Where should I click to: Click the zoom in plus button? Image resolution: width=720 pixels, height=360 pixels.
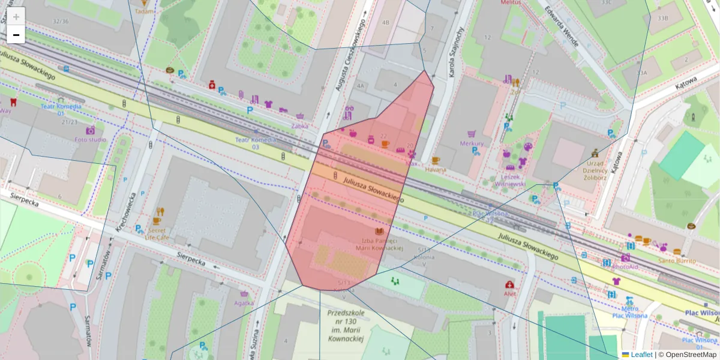pyautogui.click(x=16, y=17)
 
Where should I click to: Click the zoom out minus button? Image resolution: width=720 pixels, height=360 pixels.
pyautogui.click(x=16, y=35)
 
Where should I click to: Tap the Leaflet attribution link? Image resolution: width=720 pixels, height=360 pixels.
pyautogui.click(x=641, y=355)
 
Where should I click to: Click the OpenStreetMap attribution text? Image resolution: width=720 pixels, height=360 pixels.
pyautogui.click(x=690, y=355)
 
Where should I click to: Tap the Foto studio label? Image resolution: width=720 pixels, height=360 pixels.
pyautogui.click(x=91, y=140)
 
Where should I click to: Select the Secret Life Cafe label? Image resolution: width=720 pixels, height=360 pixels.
pyautogui.click(x=156, y=233)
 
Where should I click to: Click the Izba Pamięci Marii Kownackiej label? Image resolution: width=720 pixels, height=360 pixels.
pyautogui.click(x=379, y=244)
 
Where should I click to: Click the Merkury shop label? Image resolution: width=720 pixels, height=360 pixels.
pyautogui.click(x=472, y=143)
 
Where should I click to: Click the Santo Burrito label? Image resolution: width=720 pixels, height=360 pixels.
pyautogui.click(x=677, y=261)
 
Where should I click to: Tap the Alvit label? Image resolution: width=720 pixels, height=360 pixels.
pyautogui.click(x=510, y=294)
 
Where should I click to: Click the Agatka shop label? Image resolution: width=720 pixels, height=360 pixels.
pyautogui.click(x=244, y=303)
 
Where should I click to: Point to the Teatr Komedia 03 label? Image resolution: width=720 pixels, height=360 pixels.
pyautogui.click(x=256, y=143)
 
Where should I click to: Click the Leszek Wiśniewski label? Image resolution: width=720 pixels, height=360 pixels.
pyautogui.click(x=514, y=181)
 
